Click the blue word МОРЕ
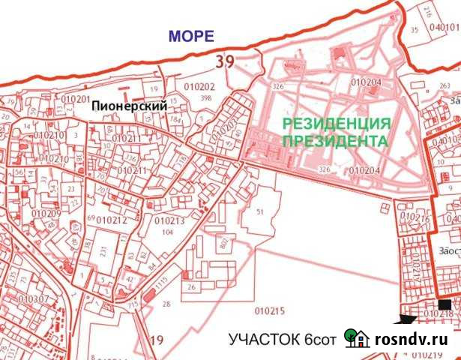190,36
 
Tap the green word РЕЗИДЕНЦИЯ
336,124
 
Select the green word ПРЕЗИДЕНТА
335,140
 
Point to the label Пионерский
128,107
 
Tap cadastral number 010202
199,87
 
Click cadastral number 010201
75,99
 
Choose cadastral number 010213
169,221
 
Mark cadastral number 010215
270,310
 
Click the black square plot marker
445,304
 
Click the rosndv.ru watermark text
417,338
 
